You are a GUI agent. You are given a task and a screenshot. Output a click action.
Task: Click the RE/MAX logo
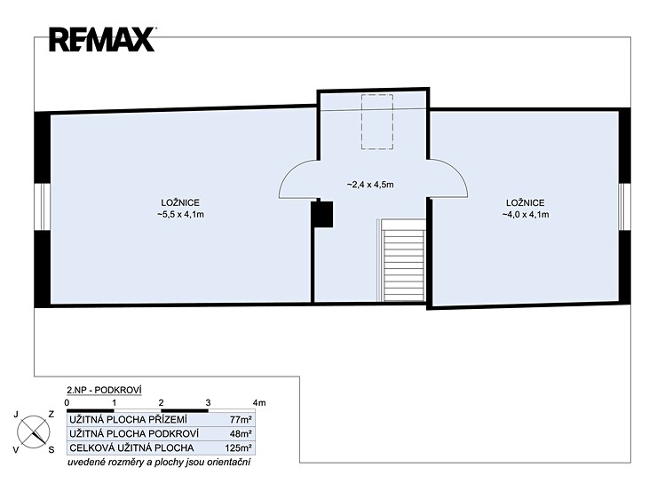click(102, 39)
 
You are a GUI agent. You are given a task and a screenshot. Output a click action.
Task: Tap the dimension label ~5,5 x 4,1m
click(180, 215)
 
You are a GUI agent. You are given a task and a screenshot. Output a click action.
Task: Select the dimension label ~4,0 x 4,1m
click(526, 215)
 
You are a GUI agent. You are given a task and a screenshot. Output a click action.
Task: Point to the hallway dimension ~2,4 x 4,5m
click(370, 185)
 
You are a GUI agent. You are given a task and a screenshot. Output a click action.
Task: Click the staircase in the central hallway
click(403, 260)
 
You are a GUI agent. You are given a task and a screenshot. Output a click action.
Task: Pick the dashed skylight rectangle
click(377, 122)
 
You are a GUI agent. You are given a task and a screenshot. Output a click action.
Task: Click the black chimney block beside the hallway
click(322, 214)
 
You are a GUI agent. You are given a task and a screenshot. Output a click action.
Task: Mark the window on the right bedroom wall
click(624, 207)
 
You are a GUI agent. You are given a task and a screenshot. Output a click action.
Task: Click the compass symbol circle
click(34, 432)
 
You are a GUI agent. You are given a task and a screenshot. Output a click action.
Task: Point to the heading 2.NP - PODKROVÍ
click(104, 390)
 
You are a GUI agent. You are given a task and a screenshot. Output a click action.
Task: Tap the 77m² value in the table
click(241, 420)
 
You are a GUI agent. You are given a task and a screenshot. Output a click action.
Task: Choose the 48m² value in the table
click(241, 433)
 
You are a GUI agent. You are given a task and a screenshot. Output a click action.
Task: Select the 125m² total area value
click(239, 448)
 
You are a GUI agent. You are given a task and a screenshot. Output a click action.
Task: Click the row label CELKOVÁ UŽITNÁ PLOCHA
click(131, 448)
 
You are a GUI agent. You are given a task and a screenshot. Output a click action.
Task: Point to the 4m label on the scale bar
click(259, 403)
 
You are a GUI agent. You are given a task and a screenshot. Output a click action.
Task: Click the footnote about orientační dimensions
click(159, 462)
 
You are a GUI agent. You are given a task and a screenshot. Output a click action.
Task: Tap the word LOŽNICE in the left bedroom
click(180, 203)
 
